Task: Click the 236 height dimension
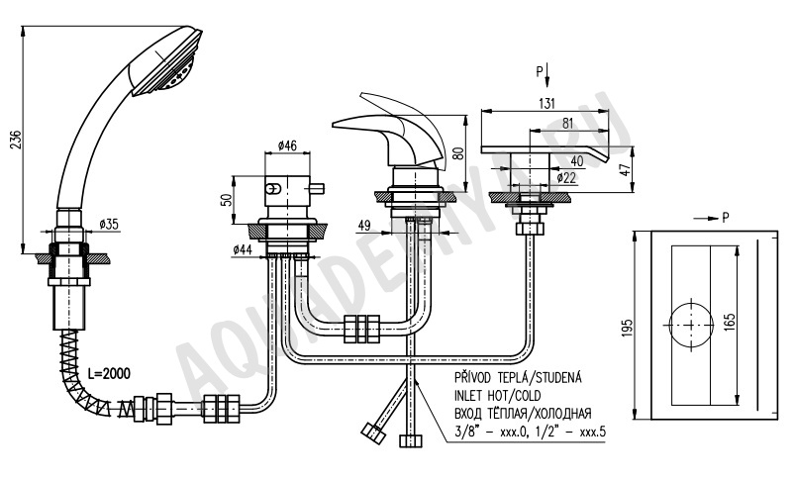click(16, 140)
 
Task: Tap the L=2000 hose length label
click(108, 374)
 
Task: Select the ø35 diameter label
click(109, 224)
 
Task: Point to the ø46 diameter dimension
click(287, 145)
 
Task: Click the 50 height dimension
click(227, 200)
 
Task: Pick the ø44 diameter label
click(244, 249)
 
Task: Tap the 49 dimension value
click(364, 226)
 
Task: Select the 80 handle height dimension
click(457, 153)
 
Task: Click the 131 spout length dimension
click(546, 103)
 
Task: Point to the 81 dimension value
click(567, 123)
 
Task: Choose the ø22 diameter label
click(566, 177)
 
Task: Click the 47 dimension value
click(627, 169)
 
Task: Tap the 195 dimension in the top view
click(628, 329)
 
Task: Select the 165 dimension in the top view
click(730, 323)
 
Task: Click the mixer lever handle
click(387, 127)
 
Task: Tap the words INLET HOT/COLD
click(497, 396)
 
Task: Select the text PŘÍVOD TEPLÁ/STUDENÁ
click(518, 377)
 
